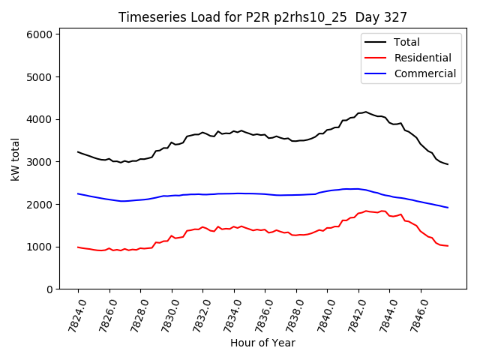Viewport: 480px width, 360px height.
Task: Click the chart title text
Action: (262, 17)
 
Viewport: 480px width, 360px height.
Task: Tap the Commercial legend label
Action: (425, 73)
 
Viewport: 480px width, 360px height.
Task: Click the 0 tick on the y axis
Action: (49, 289)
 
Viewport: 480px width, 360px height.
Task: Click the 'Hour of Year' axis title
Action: (262, 343)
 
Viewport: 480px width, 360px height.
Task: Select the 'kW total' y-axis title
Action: (16, 159)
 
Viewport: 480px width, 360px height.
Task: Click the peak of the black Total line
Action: (366, 112)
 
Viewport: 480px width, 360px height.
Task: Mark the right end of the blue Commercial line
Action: (448, 208)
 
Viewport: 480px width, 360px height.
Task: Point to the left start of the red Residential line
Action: (78, 247)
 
